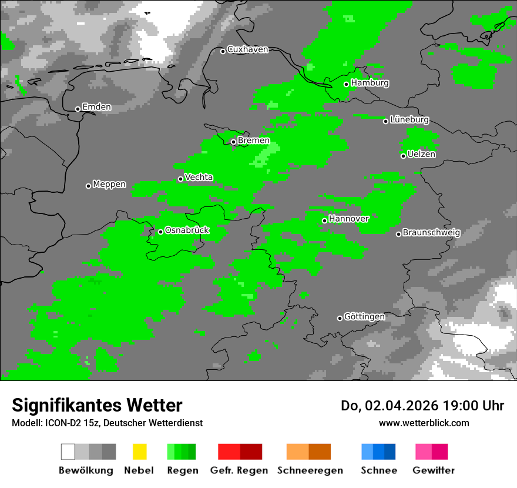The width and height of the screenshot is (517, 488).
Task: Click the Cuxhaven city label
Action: point(247,49)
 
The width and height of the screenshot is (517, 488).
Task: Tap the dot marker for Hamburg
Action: point(347,84)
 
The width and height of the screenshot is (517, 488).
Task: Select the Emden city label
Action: point(96,107)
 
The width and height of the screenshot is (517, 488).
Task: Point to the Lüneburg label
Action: point(409,119)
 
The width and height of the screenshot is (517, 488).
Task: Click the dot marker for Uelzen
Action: point(403,156)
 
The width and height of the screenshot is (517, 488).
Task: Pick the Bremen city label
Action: point(253,141)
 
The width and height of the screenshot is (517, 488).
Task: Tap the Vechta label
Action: point(199,177)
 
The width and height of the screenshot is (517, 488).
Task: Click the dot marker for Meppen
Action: point(88,186)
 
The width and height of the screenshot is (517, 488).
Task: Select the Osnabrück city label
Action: point(187,230)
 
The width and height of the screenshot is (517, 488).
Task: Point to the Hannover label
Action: point(349,219)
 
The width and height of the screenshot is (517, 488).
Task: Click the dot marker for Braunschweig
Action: point(398,234)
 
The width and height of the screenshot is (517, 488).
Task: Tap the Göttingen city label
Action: point(364,317)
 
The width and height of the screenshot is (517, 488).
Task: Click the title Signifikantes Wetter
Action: point(97,405)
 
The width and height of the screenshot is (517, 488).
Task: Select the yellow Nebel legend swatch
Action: point(139,452)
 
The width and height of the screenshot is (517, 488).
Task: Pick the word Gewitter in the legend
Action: point(434,470)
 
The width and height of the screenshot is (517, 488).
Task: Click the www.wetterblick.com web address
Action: point(424,423)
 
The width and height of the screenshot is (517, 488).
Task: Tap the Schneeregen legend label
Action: point(310,470)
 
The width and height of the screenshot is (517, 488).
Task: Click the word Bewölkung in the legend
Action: point(86,470)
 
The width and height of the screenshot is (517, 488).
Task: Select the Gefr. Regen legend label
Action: point(239,470)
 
